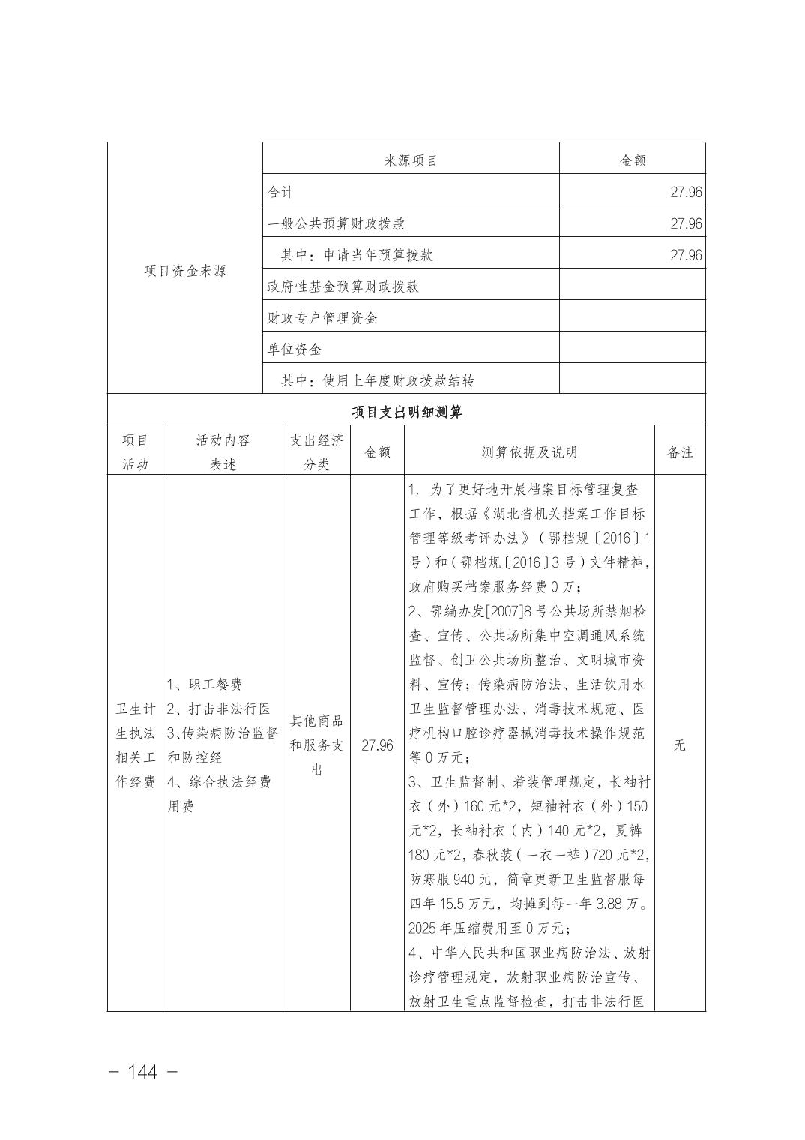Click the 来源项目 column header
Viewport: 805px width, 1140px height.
pyautogui.click(x=411, y=160)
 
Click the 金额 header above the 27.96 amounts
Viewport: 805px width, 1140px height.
pyautogui.click(x=633, y=160)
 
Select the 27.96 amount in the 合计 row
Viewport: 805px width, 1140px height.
pyautogui.click(x=686, y=192)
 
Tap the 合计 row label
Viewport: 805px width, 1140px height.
pyautogui.click(x=281, y=192)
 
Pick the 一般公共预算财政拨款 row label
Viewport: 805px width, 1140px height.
pyautogui.click(x=337, y=223)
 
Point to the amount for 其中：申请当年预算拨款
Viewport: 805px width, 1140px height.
pyautogui.click(x=686, y=255)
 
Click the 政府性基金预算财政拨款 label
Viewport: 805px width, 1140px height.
pyautogui.click(x=343, y=286)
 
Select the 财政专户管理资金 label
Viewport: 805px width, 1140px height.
pyautogui.click(x=322, y=318)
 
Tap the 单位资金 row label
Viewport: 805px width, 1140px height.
pyautogui.click(x=295, y=349)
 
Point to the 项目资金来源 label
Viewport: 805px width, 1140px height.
pyautogui.click(x=185, y=271)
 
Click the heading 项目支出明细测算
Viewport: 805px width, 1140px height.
pyautogui.click(x=406, y=412)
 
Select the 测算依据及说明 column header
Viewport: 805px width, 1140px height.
pyautogui.click(x=529, y=451)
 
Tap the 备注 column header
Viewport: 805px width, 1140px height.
pyautogui.click(x=680, y=451)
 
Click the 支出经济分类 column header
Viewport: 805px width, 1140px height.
pyautogui.click(x=316, y=451)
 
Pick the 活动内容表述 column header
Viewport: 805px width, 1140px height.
pyautogui.click(x=223, y=451)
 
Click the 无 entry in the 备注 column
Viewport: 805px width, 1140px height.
pyautogui.click(x=680, y=745)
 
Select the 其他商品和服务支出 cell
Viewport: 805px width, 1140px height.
pyautogui.click(x=316, y=745)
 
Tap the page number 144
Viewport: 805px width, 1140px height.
pyautogui.click(x=143, y=1072)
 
